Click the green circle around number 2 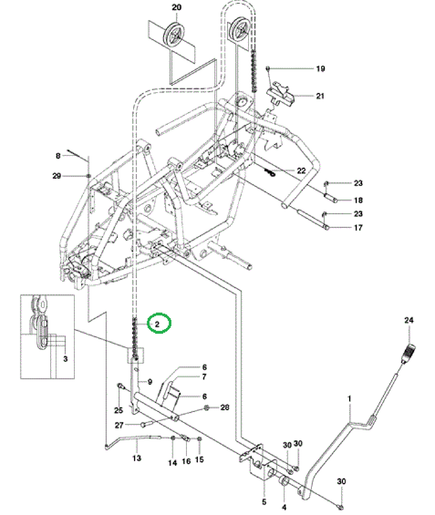(x=159, y=323)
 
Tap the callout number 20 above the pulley (x=177, y=7)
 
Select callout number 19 (x=320, y=69)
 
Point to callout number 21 (x=320, y=96)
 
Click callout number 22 (x=301, y=170)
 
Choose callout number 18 (x=358, y=200)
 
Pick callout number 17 (x=358, y=227)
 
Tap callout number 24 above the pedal (x=409, y=320)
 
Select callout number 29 (x=57, y=176)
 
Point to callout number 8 (x=58, y=156)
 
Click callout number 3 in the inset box (x=65, y=359)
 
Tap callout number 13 (x=137, y=458)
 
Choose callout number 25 (x=119, y=410)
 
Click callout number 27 (x=119, y=425)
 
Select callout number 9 (x=150, y=382)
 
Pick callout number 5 (x=264, y=502)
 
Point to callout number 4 (x=284, y=507)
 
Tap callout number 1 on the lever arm (x=349, y=399)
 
